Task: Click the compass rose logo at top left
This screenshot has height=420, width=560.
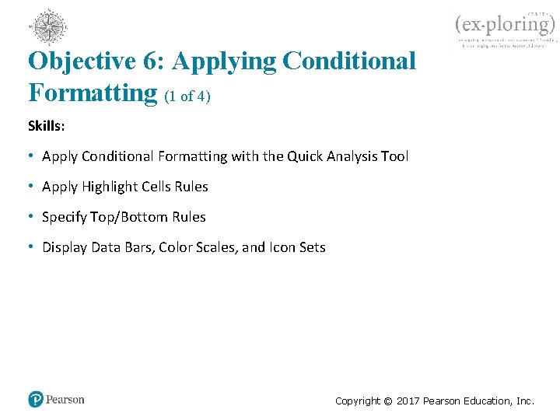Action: click(48, 27)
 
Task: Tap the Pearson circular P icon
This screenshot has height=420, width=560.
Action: click(36, 400)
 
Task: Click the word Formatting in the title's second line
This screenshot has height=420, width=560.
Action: click(93, 93)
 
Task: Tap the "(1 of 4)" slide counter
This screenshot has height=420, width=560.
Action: click(187, 96)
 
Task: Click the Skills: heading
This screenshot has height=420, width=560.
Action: click(47, 126)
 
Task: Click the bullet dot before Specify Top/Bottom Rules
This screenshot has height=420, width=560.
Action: click(32, 217)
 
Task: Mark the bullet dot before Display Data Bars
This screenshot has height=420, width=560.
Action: click(32, 247)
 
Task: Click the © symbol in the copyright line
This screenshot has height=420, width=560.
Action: click(386, 401)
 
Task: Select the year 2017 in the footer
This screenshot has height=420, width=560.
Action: click(408, 401)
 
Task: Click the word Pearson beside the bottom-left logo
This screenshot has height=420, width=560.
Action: click(65, 400)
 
